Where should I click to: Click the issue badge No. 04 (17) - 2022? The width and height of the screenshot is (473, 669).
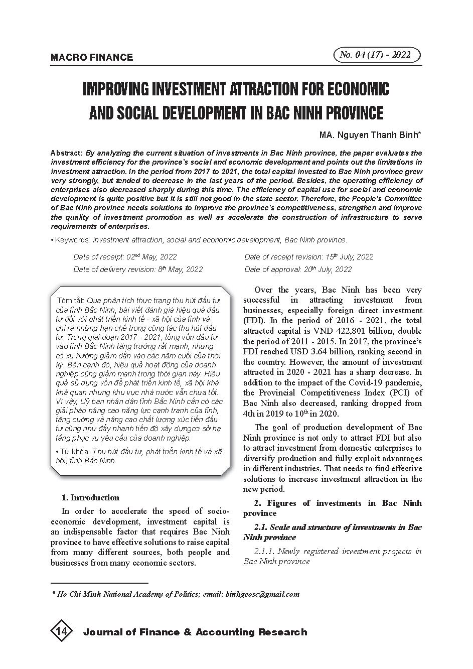pyautogui.click(x=376, y=55)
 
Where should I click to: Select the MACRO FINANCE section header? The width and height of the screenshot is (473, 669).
pyautogui.click(x=92, y=57)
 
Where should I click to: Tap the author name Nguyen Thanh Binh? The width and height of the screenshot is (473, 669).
pyautogui.click(x=378, y=135)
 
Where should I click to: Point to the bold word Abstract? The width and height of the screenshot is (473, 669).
pyautogui.click(x=66, y=153)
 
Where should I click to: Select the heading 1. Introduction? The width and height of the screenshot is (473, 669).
pyautogui.click(x=90, y=498)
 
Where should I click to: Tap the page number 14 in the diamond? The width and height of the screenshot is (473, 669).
pyautogui.click(x=62, y=631)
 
